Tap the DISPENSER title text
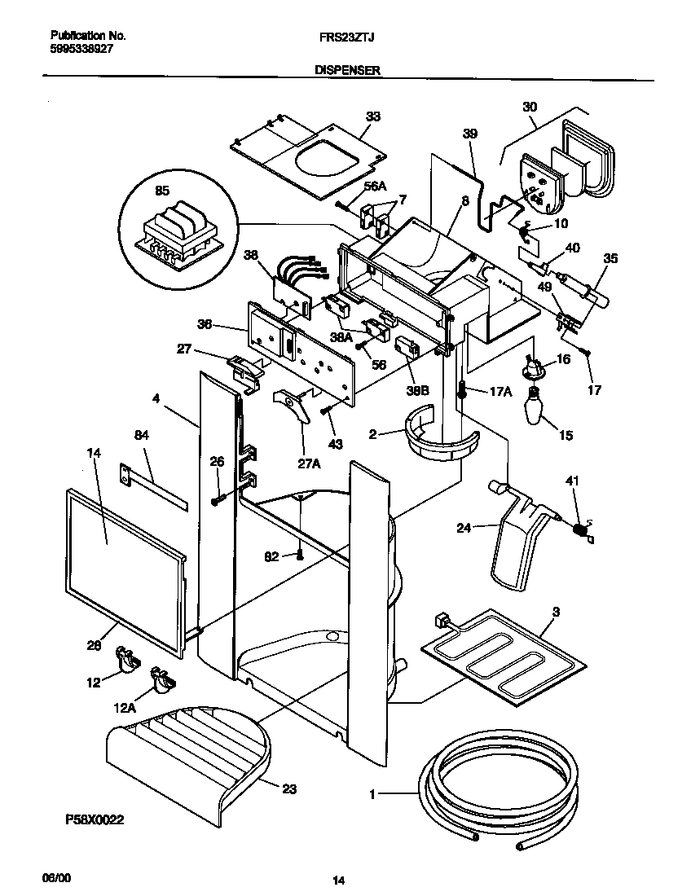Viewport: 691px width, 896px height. [x=347, y=72]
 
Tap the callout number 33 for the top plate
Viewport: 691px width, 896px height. [x=372, y=116]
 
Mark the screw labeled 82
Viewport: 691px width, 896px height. [x=300, y=555]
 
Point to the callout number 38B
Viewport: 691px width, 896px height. [x=418, y=390]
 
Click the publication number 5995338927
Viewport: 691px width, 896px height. [x=82, y=49]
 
